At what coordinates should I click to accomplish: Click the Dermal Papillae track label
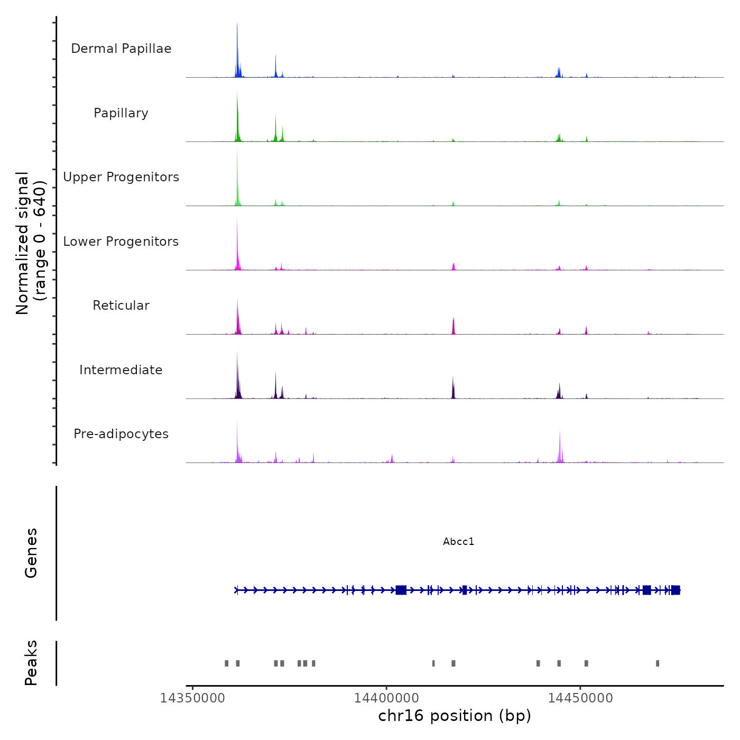tap(121, 49)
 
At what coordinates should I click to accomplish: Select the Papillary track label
tap(121, 113)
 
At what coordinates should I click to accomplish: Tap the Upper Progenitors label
tap(121, 177)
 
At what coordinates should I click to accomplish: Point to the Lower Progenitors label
tap(121, 242)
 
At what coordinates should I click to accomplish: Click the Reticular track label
tap(121, 306)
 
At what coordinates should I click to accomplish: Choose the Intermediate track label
tap(121, 370)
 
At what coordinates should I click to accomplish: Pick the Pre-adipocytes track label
tap(121, 434)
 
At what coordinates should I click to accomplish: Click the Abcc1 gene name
tap(459, 542)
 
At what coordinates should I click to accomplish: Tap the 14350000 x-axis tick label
tap(193, 698)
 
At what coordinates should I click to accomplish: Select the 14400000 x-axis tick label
tap(386, 698)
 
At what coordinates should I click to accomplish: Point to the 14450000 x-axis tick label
tap(580, 698)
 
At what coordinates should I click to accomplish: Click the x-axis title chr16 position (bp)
tap(455, 716)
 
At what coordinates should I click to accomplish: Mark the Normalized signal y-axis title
tap(31, 243)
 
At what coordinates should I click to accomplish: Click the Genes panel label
tap(31, 553)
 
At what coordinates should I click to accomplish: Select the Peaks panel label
tap(31, 663)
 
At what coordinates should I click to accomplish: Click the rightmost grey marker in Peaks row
tap(658, 663)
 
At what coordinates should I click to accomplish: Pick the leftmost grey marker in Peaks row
tap(227, 663)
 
